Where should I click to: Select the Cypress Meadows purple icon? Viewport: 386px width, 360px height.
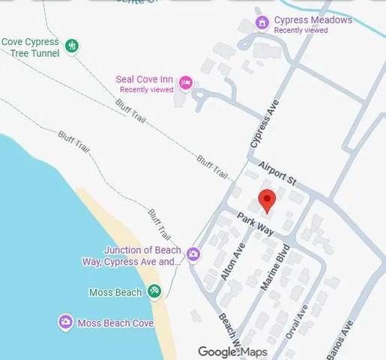tap(262, 23)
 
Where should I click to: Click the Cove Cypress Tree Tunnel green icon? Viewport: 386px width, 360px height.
tap(71, 46)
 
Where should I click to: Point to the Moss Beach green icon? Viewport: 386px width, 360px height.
tap(154, 291)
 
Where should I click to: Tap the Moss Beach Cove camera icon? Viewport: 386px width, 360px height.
tap(65, 323)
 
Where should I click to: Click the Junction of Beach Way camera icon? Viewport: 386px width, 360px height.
tap(193, 255)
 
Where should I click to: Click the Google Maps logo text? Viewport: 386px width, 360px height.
tap(232, 351)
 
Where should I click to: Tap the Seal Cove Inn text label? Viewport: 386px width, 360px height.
tap(145, 79)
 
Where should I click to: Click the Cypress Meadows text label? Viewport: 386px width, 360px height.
tap(313, 20)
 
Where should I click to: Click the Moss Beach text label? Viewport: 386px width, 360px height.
tap(115, 292)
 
